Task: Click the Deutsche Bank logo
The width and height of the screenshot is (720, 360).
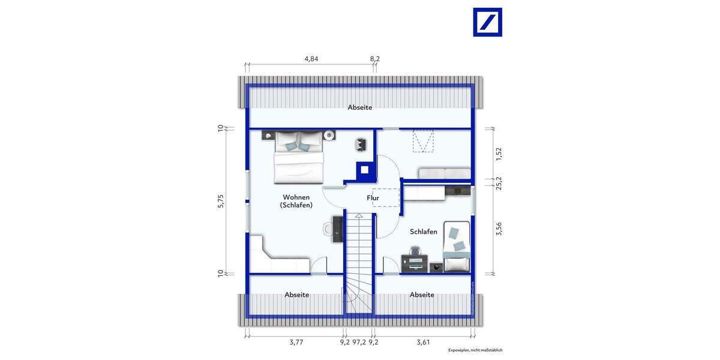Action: (487, 22)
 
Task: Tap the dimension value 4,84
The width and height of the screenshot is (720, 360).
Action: (311, 59)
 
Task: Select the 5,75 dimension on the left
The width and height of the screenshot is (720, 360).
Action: (221, 202)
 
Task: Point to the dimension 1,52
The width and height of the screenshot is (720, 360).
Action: (497, 154)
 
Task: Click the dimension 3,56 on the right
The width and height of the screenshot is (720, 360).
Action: (497, 229)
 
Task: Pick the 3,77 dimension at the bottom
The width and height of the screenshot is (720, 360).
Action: (296, 343)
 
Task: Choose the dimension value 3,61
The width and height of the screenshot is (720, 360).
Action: (424, 343)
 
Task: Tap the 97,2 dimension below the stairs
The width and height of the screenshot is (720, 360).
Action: (359, 343)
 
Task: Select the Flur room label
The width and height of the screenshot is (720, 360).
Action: (373, 197)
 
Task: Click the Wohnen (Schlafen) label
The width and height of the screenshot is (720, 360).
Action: (296, 201)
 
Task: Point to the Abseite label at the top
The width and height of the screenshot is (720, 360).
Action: (360, 107)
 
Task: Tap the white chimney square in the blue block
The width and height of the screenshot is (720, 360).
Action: (364, 169)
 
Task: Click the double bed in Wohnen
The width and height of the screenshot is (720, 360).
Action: (299, 157)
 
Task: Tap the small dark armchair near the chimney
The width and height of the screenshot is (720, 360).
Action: (361, 143)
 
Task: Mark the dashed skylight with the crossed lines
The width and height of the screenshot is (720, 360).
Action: (424, 142)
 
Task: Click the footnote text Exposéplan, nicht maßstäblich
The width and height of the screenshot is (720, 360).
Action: (475, 350)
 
